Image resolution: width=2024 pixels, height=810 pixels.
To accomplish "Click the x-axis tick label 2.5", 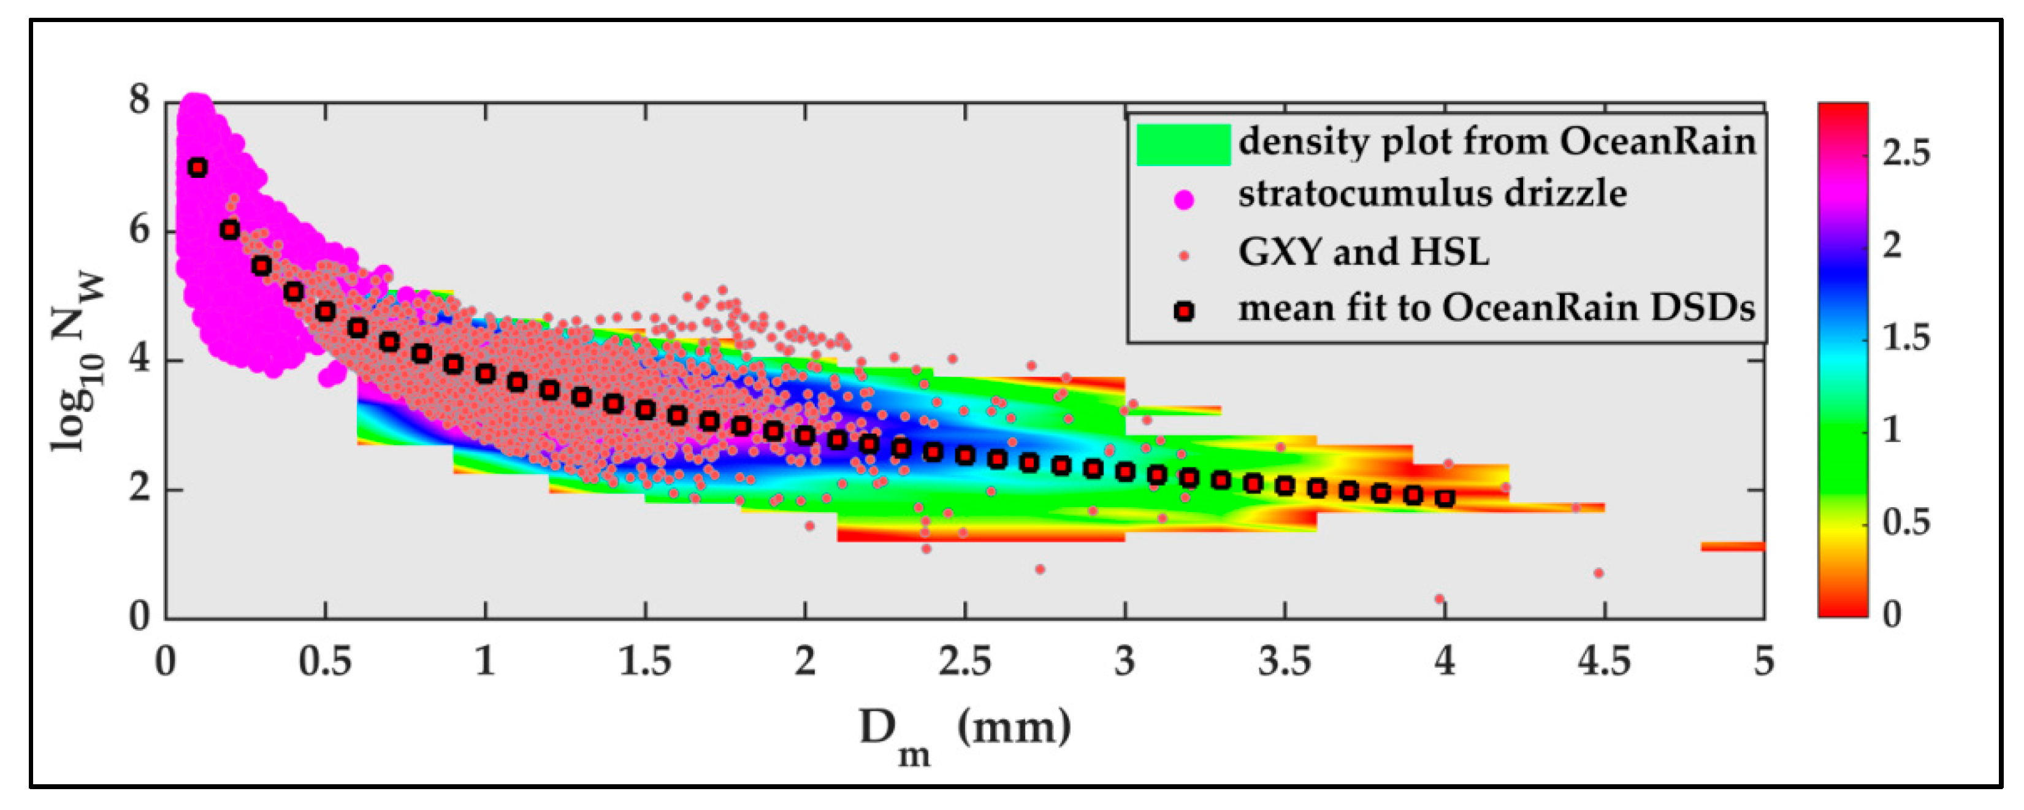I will (965, 662).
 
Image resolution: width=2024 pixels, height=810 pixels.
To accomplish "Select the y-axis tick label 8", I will (139, 102).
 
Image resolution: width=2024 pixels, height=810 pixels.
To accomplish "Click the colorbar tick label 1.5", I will (1906, 338).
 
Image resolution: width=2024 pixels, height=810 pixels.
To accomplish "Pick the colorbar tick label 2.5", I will (1906, 153).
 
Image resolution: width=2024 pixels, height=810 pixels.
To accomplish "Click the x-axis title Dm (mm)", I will (965, 731).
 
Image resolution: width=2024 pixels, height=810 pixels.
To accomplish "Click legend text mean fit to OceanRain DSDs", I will (1496, 308).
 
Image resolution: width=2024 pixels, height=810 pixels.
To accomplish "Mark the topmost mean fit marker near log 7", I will (198, 167).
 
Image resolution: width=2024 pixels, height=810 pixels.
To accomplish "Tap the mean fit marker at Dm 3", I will (1125, 472).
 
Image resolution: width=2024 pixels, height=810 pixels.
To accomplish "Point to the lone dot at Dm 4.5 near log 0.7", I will (1598, 573).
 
